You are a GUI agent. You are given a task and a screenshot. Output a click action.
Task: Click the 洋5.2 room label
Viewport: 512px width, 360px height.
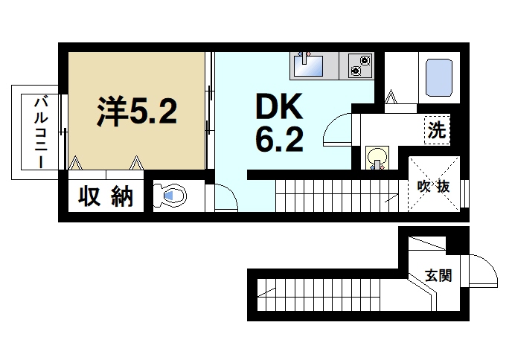(x=136, y=112)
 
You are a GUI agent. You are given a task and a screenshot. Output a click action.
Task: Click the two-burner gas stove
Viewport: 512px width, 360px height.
(x=359, y=65)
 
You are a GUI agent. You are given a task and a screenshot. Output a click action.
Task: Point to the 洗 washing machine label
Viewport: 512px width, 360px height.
(x=437, y=131)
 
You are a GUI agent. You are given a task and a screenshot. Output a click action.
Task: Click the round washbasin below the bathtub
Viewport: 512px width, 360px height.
(x=377, y=157)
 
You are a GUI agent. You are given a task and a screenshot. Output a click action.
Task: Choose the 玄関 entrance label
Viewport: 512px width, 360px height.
(x=438, y=276)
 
